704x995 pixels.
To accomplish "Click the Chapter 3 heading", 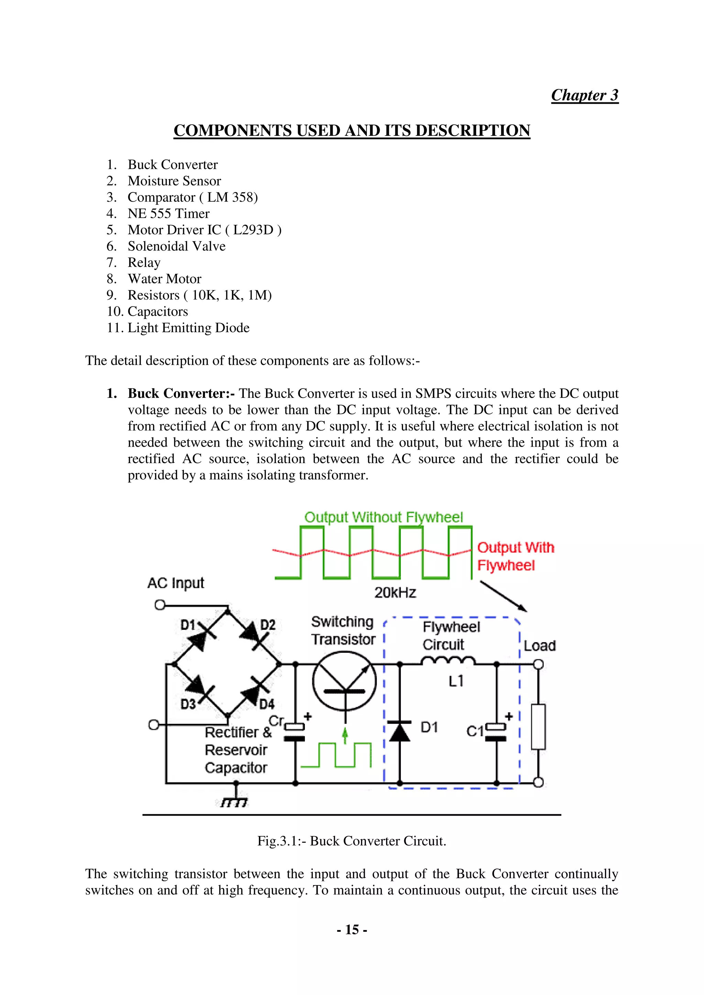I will [584, 95].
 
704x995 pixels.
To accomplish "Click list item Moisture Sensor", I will [174, 181].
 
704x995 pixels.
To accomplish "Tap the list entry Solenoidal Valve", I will [176, 246].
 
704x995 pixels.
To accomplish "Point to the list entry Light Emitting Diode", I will [188, 328].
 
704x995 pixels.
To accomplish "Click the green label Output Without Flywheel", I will [383, 517].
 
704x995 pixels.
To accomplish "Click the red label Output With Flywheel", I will [515, 556].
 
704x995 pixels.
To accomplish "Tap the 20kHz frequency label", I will [395, 592].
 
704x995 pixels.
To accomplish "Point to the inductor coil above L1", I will [448, 661].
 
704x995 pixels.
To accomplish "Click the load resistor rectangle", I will [538, 727].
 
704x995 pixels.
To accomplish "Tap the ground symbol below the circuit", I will [234, 802].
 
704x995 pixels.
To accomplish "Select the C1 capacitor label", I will [474, 731].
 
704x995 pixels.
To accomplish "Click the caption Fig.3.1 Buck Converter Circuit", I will [352, 841].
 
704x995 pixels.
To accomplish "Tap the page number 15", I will [352, 930].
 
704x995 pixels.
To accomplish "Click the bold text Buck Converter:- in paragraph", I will [181, 393].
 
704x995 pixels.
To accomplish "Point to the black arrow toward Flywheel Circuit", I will [503, 596].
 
